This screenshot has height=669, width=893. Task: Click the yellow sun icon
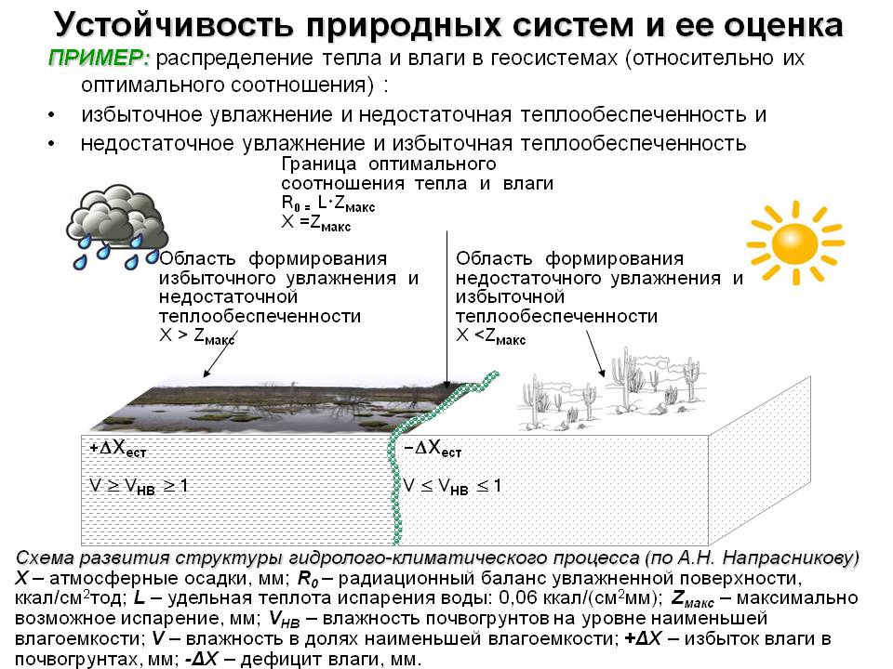(x=795, y=243)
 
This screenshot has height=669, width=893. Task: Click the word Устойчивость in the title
(x=174, y=25)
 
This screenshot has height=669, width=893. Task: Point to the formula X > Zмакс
(x=197, y=336)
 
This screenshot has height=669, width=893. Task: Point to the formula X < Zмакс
(x=491, y=336)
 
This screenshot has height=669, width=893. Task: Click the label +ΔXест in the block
(x=118, y=448)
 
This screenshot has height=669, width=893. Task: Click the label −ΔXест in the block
(x=433, y=448)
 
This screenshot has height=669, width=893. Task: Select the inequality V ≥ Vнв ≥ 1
(x=139, y=486)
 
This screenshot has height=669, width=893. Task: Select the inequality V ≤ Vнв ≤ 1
(x=453, y=486)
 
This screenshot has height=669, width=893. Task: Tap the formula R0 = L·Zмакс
(x=328, y=203)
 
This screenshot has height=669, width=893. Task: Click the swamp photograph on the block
(x=290, y=406)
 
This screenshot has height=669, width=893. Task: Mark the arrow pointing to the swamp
(x=220, y=354)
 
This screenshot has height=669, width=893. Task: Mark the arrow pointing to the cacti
(x=595, y=354)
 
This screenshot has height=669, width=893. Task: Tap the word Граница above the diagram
(x=319, y=165)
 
